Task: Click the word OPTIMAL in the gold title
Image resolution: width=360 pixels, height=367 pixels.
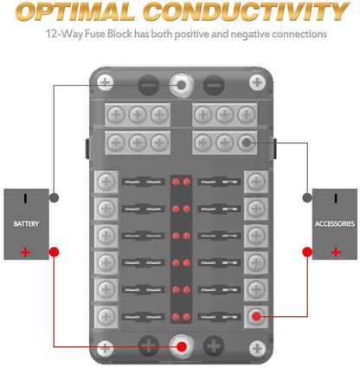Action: (75, 11)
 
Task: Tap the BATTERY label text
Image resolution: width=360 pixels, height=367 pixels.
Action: (26, 223)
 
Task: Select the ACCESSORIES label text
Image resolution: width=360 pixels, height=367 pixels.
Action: (335, 223)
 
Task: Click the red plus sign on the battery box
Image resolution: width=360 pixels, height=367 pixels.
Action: (25, 253)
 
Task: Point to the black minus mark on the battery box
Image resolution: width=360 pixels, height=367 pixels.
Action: (25, 198)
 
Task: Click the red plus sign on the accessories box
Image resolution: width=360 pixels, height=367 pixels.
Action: (336, 253)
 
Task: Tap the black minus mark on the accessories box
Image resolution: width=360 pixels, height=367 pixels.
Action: (336, 198)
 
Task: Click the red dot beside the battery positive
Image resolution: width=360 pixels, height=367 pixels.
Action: (54, 252)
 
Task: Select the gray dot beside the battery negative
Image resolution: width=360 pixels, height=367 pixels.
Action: (54, 198)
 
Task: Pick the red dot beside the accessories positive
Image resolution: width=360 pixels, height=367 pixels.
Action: (307, 252)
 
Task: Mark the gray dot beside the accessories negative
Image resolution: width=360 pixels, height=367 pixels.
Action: (307, 198)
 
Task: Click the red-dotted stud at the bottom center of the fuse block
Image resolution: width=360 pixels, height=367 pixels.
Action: (182, 346)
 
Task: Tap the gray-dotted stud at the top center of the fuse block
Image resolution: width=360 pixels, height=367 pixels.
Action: (182, 85)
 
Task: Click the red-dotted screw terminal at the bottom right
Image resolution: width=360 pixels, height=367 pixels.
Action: (256, 317)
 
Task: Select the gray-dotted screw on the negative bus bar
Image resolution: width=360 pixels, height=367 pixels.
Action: (246, 143)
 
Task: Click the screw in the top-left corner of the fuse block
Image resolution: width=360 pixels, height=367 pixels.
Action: (106, 82)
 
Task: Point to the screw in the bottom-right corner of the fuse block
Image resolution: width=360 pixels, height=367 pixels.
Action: (257, 348)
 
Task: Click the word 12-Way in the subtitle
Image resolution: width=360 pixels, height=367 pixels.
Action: (64, 34)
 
